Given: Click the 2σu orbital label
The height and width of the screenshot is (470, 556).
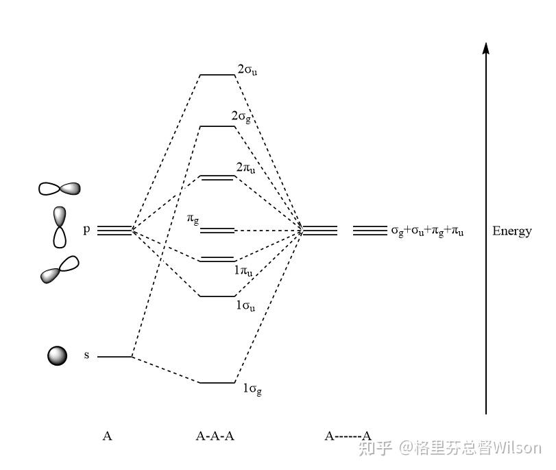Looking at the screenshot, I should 247,69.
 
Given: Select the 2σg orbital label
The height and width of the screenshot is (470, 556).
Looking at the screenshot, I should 241,118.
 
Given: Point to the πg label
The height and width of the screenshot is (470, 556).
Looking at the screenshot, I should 194,219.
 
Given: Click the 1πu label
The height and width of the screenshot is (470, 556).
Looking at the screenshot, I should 243,272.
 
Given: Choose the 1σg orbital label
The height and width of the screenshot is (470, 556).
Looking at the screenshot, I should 252,389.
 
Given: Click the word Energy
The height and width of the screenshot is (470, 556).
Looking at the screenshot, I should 511,231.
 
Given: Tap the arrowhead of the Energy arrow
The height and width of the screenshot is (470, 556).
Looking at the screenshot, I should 486,47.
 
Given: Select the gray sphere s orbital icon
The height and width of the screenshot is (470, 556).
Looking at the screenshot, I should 58,355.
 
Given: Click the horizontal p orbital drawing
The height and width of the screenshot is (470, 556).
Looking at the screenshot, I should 60,188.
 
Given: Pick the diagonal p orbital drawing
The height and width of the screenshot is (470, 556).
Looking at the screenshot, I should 60,269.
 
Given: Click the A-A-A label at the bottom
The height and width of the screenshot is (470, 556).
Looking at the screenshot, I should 215,435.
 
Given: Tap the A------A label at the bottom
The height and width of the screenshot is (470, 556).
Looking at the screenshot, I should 348,435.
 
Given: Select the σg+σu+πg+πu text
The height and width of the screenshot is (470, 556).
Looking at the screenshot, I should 427,231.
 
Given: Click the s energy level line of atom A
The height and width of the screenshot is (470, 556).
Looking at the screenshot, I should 114,357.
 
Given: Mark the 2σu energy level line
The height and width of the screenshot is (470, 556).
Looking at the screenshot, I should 217,75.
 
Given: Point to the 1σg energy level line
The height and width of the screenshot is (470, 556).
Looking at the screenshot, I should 217,382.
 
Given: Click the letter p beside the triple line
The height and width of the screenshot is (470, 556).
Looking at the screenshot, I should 86,229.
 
